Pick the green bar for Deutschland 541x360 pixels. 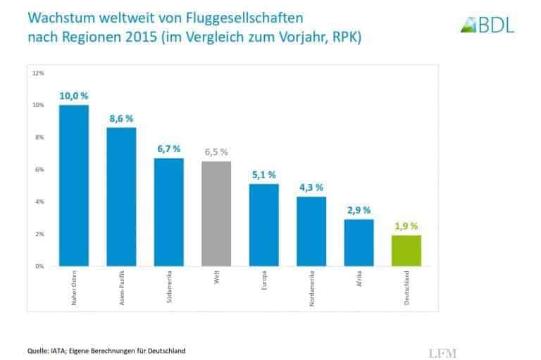[x=406, y=251]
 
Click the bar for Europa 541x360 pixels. [x=263, y=225]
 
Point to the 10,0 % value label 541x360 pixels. [x=73, y=96]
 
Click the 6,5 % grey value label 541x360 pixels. [x=216, y=152]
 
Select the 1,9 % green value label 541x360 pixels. [x=406, y=226]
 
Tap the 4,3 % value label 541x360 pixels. [x=311, y=187]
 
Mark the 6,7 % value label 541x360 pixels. [x=168, y=149]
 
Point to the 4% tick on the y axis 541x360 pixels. [x=39, y=202]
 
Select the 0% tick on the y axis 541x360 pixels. [x=39, y=266]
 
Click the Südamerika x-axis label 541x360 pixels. [x=169, y=288]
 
